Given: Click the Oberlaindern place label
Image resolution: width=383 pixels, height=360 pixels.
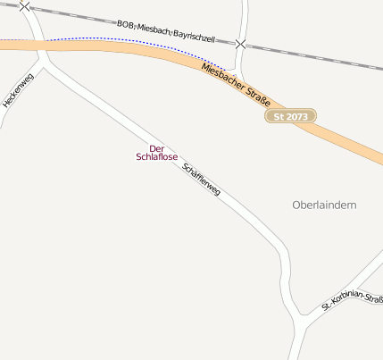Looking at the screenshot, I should coord(324,205).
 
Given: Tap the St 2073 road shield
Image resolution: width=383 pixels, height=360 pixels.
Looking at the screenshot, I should coord(290,116).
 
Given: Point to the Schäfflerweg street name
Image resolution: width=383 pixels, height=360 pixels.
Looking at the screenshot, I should coord(201,181).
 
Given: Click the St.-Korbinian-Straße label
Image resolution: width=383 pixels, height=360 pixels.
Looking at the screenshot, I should coord(352,303).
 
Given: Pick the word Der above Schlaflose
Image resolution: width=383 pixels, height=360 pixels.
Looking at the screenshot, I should coord(156,148).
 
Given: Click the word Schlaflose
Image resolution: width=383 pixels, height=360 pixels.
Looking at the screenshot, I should coord(156,157).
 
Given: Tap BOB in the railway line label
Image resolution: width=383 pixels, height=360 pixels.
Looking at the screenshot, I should coord(125,24).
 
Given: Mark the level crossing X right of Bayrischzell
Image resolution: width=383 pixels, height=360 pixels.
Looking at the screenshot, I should coord(240,43).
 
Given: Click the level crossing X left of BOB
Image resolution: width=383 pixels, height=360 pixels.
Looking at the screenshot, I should coord(24,6).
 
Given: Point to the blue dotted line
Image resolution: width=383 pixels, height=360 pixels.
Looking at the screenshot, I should coord(116,39).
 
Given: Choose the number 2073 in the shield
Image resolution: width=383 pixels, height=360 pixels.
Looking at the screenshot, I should coord(296,116).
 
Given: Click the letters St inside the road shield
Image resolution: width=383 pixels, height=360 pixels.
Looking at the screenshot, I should coord(279,116).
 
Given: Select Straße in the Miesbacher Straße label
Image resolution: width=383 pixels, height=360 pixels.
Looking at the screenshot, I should coord(260,97).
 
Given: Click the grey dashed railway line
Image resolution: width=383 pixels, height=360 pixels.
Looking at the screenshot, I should coord(321,57).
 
